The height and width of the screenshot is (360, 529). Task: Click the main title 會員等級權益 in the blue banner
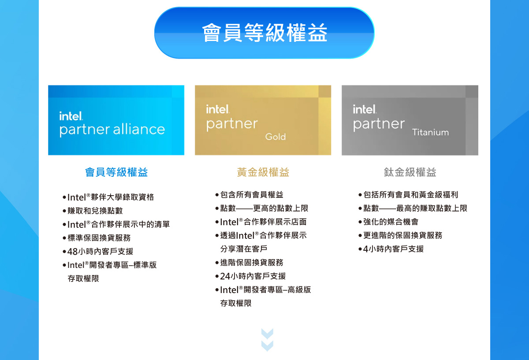265,33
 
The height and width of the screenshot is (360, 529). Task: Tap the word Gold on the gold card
276,137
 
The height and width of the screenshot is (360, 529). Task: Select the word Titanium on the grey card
430,132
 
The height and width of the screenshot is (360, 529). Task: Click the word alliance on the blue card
139,129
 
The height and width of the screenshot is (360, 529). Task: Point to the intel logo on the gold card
217,109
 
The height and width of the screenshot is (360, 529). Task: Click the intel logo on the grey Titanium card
365,109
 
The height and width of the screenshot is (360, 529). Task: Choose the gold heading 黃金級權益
263,172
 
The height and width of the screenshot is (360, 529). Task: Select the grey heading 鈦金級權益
410,172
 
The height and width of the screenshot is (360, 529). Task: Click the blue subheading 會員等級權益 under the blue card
116,172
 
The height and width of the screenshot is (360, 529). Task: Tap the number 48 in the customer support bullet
72,252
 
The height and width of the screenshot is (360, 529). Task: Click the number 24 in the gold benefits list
225,276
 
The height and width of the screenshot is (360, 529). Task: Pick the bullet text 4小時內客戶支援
393,249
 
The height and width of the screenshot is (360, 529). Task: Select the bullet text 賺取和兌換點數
95,211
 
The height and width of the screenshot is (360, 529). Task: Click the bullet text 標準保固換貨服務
99,238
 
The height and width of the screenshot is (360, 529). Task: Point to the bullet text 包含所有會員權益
252,195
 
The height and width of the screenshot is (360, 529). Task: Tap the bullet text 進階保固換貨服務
252,263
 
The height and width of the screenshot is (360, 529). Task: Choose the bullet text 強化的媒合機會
391,222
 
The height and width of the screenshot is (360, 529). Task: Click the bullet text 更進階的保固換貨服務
402,235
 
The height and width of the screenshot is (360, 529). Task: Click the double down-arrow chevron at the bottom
267,340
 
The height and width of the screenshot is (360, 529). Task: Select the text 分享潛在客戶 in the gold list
244,249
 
